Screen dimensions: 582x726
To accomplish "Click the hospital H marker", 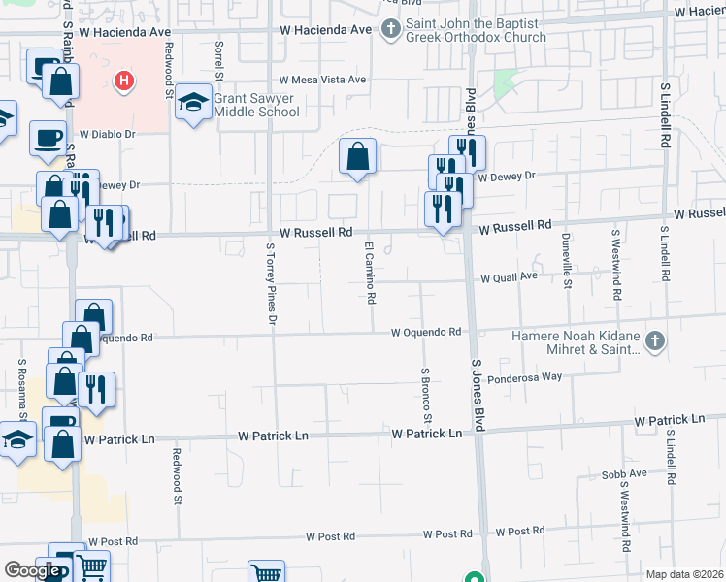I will point(123,81).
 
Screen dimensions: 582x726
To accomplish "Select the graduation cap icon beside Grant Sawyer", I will point(194,103).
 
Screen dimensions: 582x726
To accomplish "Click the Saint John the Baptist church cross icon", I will point(390,29).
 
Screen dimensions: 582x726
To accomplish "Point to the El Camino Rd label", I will point(370,273).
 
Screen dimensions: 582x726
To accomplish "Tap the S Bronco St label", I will point(425,395).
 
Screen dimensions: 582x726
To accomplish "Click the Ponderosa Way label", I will point(524,377).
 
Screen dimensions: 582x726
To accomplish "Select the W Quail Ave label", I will point(510,276).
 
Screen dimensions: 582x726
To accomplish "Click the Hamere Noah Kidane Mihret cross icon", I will point(656,341).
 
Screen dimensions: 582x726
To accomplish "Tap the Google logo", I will point(32,570).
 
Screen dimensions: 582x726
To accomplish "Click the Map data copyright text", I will point(684,574).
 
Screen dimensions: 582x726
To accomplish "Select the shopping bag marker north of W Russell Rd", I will point(357,155).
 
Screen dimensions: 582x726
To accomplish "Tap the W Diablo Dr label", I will point(107,136).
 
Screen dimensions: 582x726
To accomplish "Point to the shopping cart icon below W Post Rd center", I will point(265,573).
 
